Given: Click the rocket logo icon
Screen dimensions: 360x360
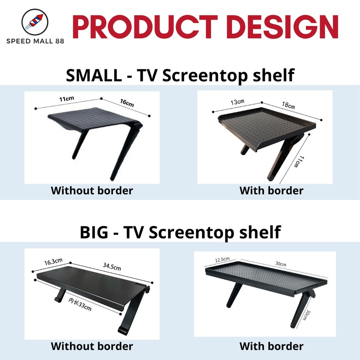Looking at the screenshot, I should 34,22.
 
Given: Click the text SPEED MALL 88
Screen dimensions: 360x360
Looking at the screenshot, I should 35,41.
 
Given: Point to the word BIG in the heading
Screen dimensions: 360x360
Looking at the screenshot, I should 94,232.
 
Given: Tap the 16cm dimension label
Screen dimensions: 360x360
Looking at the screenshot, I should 127,104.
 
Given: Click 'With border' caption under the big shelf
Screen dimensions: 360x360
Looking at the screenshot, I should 271,346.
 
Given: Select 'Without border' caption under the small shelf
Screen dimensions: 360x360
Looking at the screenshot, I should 92,191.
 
